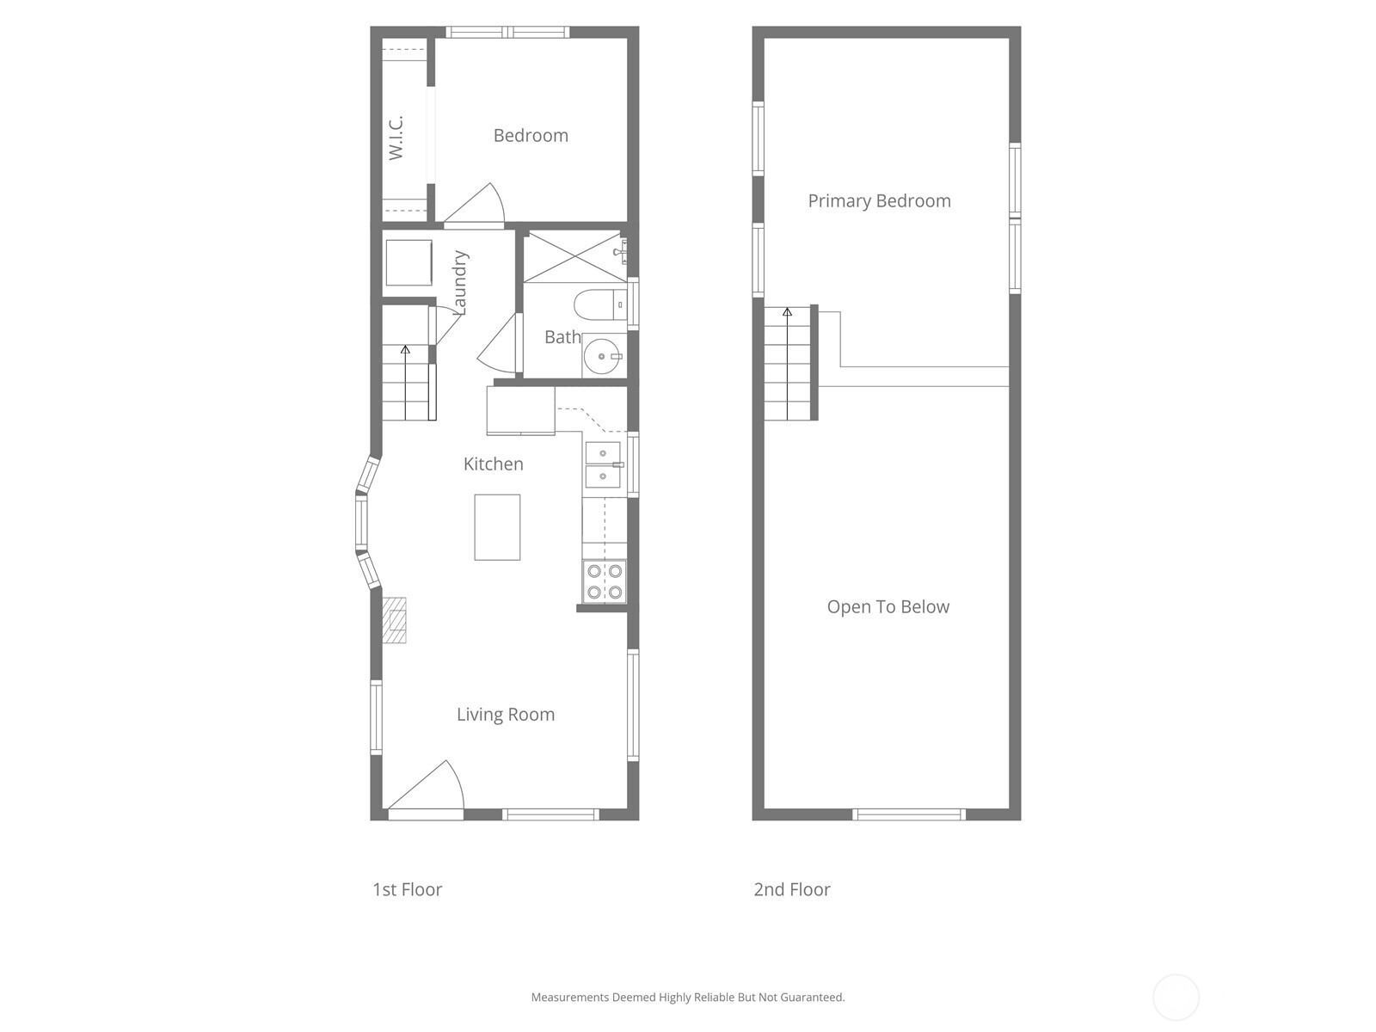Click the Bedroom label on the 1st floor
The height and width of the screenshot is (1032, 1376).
point(531,136)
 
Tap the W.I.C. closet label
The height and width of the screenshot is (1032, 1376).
point(396,138)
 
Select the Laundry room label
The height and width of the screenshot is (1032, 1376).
point(459,282)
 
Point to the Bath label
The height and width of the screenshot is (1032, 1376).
point(562,337)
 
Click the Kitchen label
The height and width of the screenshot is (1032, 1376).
point(493,464)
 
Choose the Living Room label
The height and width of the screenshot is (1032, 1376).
point(505,715)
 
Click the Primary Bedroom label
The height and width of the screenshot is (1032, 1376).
point(879,201)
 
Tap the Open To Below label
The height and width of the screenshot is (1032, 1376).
point(888,607)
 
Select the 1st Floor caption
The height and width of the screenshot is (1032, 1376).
point(407,889)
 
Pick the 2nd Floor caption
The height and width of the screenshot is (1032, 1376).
point(791,889)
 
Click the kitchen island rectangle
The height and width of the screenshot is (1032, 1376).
point(497,527)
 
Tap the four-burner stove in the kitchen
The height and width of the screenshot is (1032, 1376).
point(604,581)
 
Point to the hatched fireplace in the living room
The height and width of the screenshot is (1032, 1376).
point(395,620)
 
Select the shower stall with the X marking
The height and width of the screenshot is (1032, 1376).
point(574,256)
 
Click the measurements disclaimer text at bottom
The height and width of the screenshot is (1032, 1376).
point(687,998)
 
